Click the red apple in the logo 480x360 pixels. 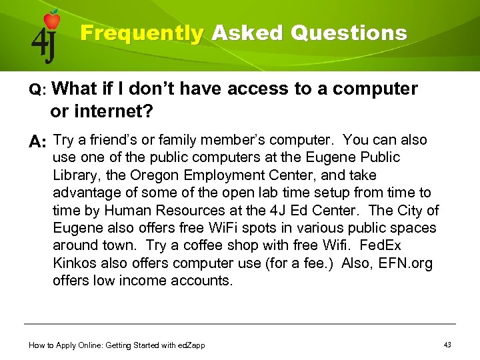51,20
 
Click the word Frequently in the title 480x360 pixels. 141,33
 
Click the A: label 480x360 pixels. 37,142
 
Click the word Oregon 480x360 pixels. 150,175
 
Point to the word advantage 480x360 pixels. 84,193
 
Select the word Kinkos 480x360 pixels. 74,263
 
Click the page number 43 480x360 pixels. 447,344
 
